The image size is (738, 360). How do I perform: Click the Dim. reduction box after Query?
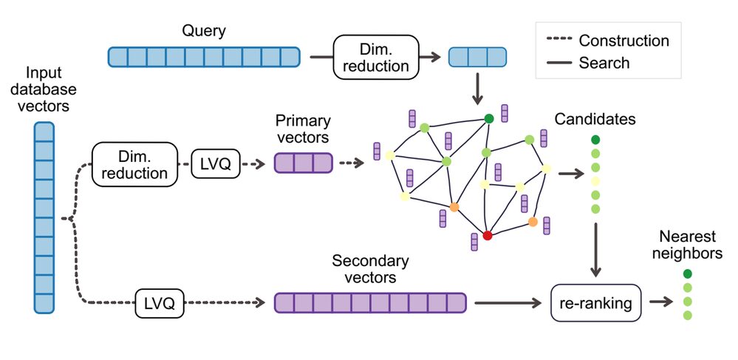pyautogui.click(x=375, y=57)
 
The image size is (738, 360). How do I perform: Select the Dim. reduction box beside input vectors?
pyautogui.click(x=135, y=163)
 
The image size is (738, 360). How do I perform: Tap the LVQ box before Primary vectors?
pyautogui.click(x=216, y=163)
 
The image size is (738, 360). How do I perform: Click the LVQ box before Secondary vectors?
pyautogui.click(x=160, y=303)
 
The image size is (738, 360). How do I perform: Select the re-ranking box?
pyautogui.click(x=596, y=302)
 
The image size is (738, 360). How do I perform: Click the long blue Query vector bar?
pyautogui.click(x=204, y=57)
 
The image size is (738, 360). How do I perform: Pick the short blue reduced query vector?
pyautogui.click(x=477, y=57)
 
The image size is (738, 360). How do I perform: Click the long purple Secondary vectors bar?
pyautogui.click(x=370, y=303)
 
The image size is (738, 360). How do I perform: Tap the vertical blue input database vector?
pyautogui.click(x=44, y=217)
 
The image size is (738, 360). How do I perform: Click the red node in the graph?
pyautogui.click(x=487, y=235)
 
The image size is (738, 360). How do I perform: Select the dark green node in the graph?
pyautogui.click(x=488, y=118)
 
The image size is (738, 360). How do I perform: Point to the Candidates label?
pyautogui.click(x=595, y=119)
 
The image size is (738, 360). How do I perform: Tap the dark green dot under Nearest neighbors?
pyautogui.click(x=688, y=274)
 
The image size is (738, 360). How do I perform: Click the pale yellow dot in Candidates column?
pyautogui.click(x=595, y=181)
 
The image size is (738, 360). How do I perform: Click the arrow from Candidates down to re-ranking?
pyautogui.click(x=595, y=251)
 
